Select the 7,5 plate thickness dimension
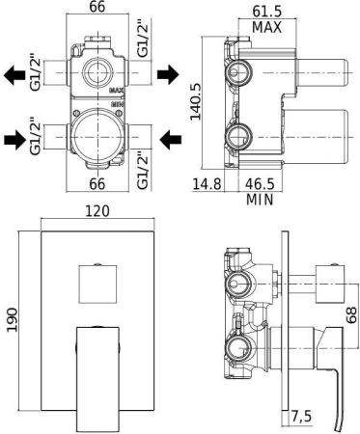pos(302,417)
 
